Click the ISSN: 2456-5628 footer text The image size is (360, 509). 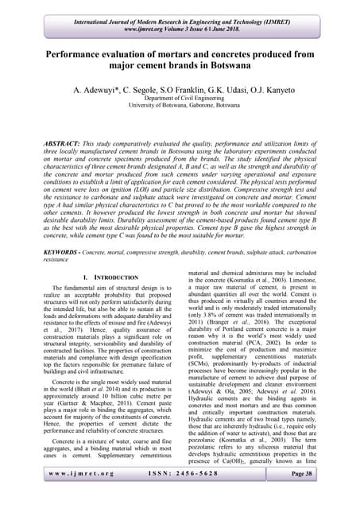[180, 495]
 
